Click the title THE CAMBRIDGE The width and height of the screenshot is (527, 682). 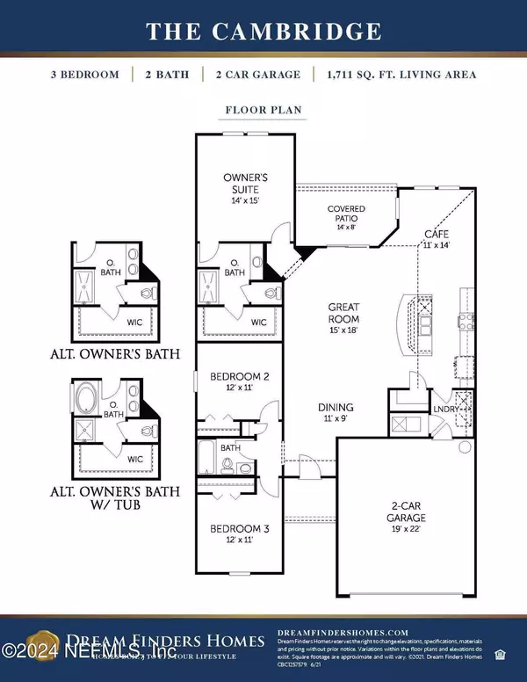point(263,32)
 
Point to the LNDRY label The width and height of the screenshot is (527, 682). point(441,409)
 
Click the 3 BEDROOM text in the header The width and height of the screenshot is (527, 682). point(83,75)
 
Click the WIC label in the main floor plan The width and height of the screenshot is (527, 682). point(257,323)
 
